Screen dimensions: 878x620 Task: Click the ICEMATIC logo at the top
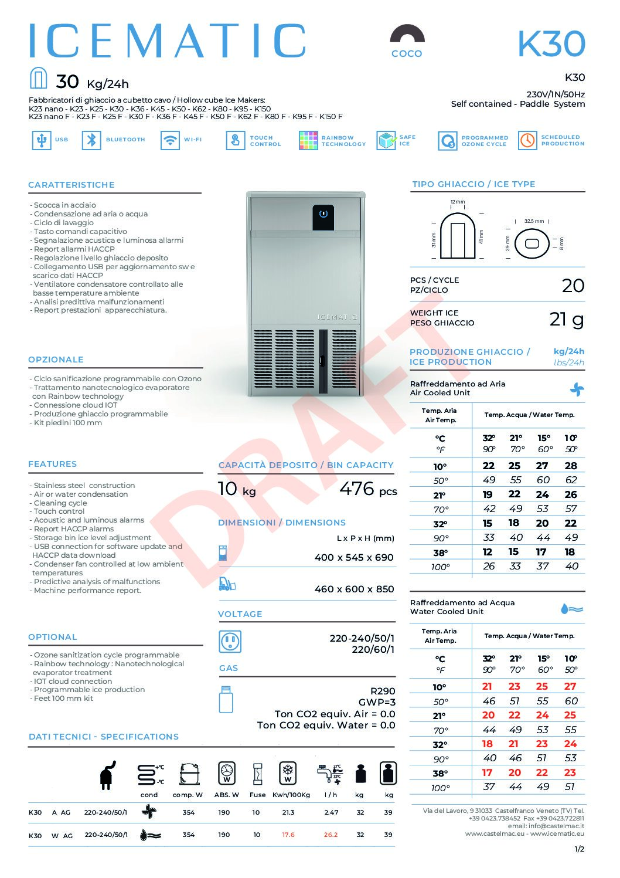pos(167,41)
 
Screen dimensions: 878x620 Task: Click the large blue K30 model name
pos(551,43)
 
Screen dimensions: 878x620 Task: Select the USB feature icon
pos(41,140)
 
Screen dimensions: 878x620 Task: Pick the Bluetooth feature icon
pos(91,140)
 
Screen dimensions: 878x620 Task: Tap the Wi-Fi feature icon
pos(170,140)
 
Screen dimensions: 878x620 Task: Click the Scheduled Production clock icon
pos(527,140)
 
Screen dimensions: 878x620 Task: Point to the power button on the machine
pos(323,214)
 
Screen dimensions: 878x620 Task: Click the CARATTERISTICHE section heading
pos(71,185)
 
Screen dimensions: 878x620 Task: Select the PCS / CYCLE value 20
pos(573,286)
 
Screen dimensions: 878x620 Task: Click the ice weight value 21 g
pos(567,319)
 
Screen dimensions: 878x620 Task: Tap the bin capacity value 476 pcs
pos(367,489)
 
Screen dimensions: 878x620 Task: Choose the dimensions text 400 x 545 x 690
pos(354,557)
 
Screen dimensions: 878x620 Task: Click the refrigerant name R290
pos(383,691)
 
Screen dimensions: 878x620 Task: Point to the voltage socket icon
pos(230,642)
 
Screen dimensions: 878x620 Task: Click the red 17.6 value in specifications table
pos(288,835)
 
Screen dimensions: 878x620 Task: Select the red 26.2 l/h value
pos(331,835)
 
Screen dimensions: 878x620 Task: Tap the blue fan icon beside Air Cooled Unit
pos(577,389)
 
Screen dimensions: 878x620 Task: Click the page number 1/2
pos(579,849)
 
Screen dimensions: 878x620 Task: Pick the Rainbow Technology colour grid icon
pos(308,141)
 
